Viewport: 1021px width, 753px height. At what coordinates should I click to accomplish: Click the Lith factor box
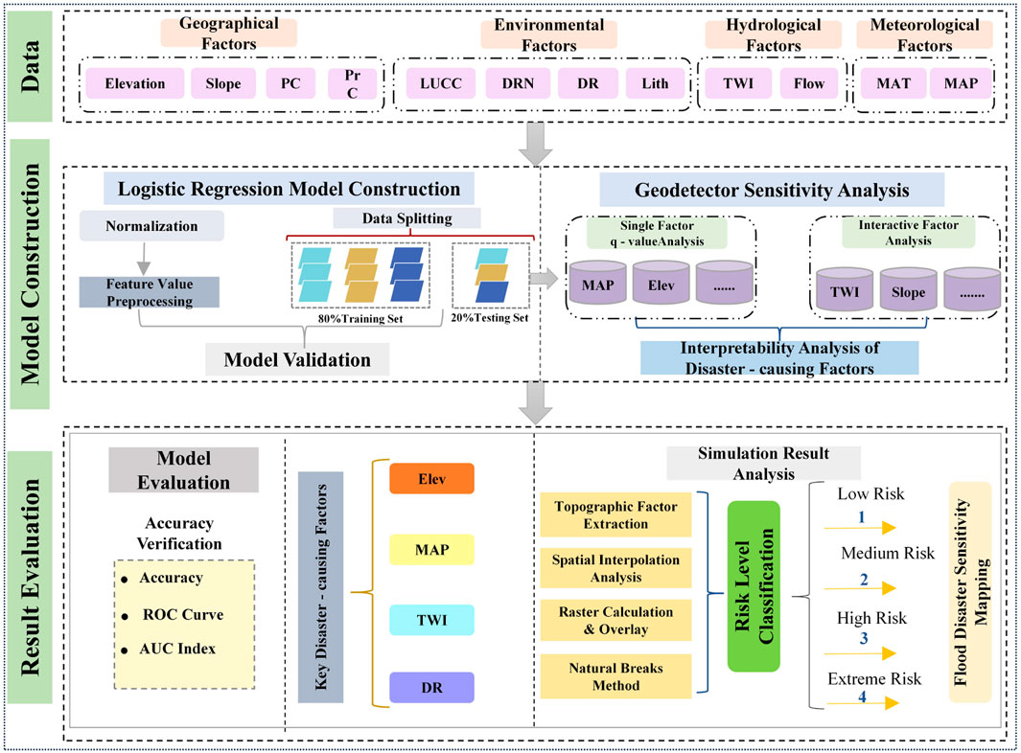pyautogui.click(x=655, y=83)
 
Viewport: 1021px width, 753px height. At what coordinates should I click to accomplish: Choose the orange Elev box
pyautogui.click(x=431, y=478)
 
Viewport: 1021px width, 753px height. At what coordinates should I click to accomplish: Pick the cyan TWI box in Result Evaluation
pyautogui.click(x=431, y=620)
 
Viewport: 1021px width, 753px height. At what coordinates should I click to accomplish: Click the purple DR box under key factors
pyautogui.click(x=431, y=688)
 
